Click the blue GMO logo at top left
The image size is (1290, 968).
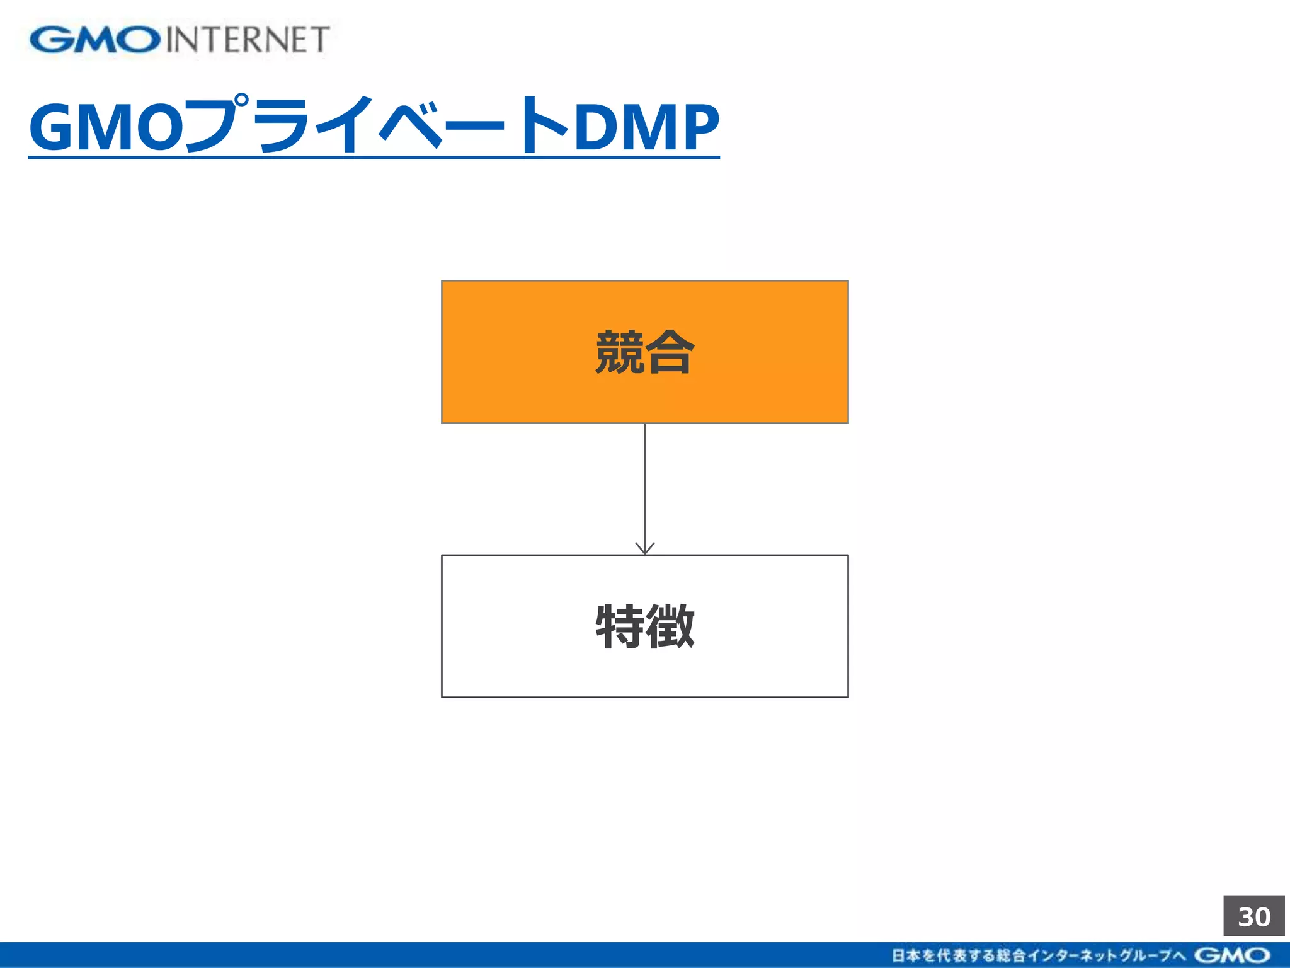coord(94,40)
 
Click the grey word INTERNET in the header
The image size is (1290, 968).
coord(248,40)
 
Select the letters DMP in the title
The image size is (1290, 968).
coord(646,127)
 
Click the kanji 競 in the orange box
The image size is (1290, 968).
coord(620,352)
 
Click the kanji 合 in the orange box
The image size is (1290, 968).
coord(670,352)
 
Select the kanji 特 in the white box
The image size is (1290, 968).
coord(620,626)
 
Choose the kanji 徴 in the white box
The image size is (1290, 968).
coord(670,626)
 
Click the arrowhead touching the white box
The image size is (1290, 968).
coord(645,548)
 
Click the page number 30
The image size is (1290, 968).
coord(1253,916)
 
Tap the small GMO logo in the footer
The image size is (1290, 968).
coord(1232,955)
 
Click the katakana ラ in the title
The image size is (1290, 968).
coord(283,126)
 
